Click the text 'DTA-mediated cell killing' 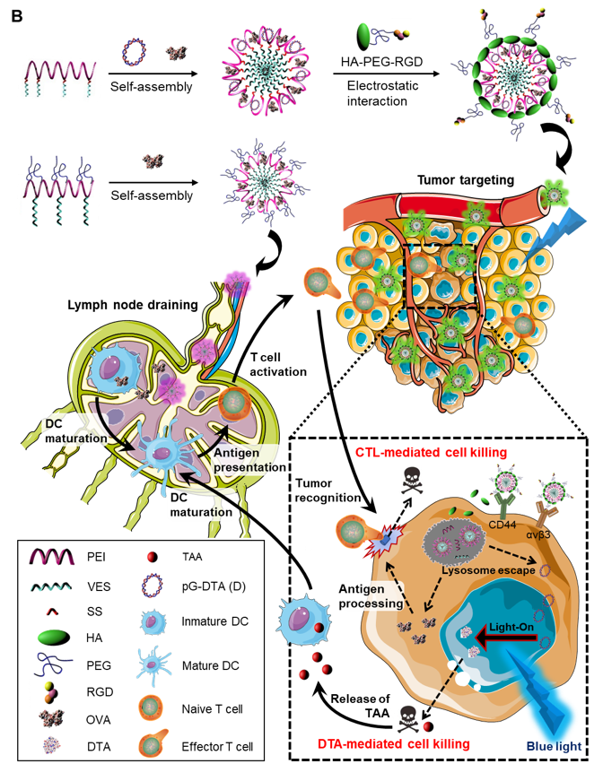pos(394,743)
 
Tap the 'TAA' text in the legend pos(194,555)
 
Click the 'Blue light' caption pos(554,745)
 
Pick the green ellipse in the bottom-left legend pos(55,638)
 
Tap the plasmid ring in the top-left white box pos(134,52)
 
